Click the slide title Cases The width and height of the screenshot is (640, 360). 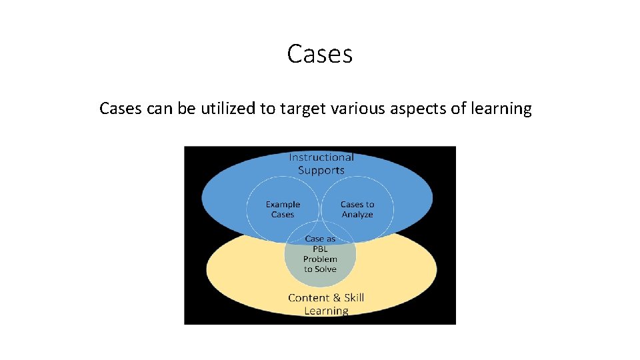pos(319,54)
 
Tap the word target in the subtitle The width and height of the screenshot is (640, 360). pos(303,109)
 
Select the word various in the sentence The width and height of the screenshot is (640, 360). pos(358,109)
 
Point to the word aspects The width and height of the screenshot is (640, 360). pos(419,109)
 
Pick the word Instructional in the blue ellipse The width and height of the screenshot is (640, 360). pos(321,157)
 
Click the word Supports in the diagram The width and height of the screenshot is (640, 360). pos(321,170)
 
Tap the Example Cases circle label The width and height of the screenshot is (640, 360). pos(283,209)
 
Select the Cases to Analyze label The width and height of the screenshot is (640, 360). pos(357,209)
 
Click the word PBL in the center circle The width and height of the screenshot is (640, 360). pos(320,249)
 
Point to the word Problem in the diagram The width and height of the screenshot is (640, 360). pos(320,259)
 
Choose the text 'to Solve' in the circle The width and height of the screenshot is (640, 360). pos(320,269)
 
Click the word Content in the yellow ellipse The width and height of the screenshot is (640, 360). pos(308,298)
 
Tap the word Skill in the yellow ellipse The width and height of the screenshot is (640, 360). pos(354,298)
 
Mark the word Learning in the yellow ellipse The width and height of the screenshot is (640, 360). pos(326,311)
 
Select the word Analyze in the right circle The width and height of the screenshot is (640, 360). pos(357,215)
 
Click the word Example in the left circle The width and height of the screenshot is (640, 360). pos(283,205)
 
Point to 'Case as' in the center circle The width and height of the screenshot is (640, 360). pos(320,239)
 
